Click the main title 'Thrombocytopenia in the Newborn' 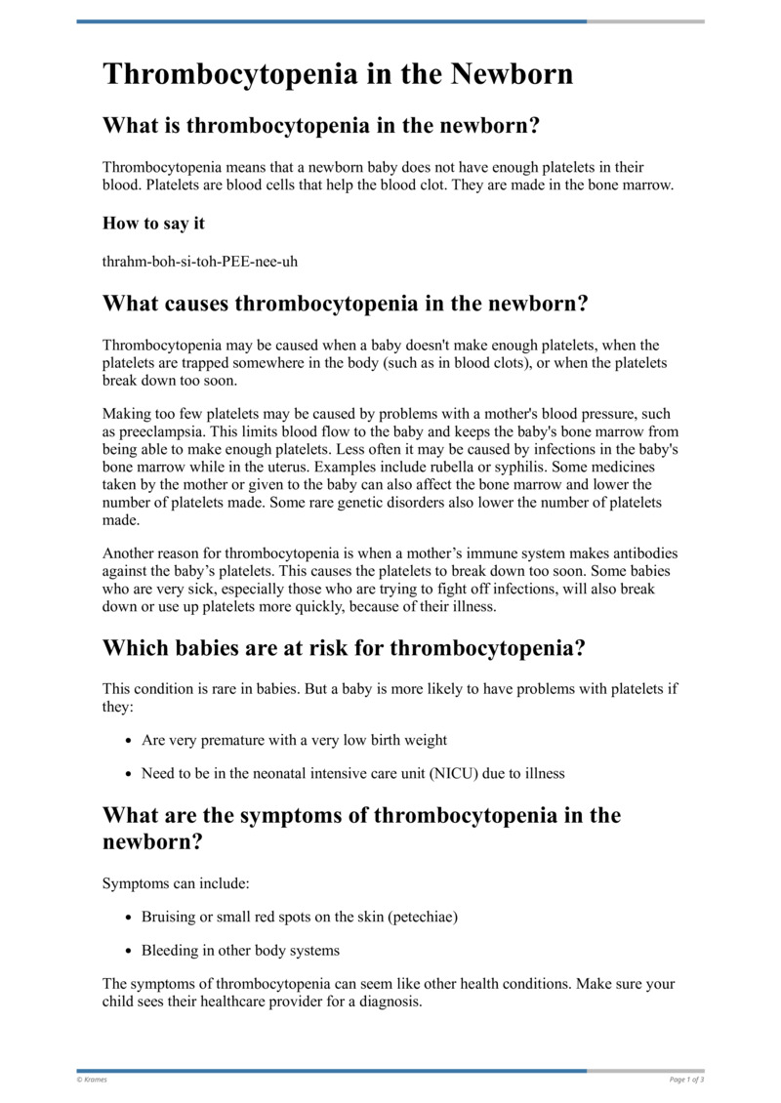pyautogui.click(x=338, y=74)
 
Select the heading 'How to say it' pyautogui.click(x=153, y=224)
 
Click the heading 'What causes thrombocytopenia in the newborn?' pyautogui.click(x=346, y=304)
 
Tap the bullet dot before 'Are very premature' pyautogui.click(x=129, y=741)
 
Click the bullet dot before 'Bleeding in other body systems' pyautogui.click(x=129, y=950)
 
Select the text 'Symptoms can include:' pyautogui.click(x=176, y=883)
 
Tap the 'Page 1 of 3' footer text pyautogui.click(x=686, y=1079)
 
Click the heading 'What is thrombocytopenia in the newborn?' pyautogui.click(x=321, y=126)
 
